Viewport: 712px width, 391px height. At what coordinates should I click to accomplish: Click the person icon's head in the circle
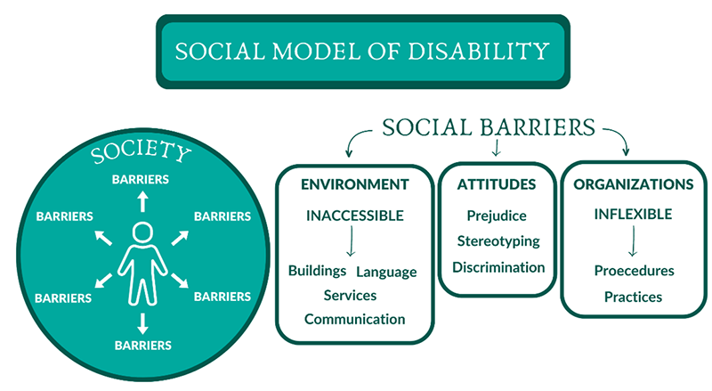point(142,234)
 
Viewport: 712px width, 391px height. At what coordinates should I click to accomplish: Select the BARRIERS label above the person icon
point(141,179)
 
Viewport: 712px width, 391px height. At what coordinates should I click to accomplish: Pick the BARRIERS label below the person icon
point(142,343)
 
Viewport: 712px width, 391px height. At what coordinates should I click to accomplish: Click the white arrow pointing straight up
point(141,200)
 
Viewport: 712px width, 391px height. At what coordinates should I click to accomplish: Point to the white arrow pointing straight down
point(142,322)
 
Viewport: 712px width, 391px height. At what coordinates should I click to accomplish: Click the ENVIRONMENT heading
point(354,184)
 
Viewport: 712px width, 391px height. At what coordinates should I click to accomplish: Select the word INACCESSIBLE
point(355,216)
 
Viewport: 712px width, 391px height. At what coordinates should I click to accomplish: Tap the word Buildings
point(316,271)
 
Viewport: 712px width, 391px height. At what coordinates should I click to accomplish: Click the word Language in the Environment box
point(386,271)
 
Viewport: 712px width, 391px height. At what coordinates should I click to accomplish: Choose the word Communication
point(355,319)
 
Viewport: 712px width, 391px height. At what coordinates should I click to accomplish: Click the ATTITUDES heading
point(497,184)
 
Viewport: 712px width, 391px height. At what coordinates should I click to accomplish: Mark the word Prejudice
point(497,216)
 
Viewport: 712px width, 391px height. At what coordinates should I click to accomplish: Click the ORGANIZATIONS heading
point(634,184)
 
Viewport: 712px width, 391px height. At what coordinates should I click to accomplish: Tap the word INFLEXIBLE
point(633,215)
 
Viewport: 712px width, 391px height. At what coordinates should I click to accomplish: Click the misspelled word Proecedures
point(634,271)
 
